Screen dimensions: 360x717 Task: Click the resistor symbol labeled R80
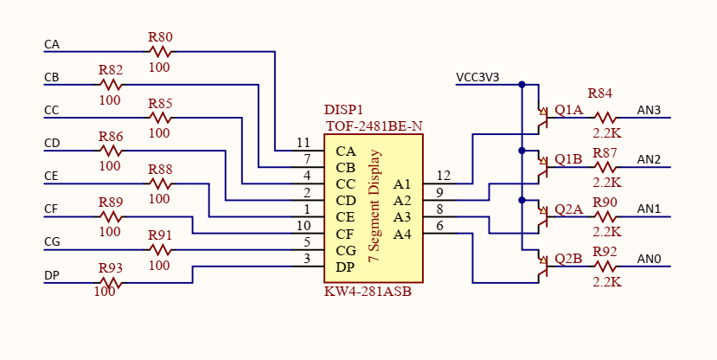click(x=160, y=52)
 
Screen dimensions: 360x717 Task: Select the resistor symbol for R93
click(x=110, y=282)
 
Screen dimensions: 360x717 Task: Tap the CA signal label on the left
click(x=52, y=44)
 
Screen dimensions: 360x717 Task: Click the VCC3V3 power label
click(x=477, y=78)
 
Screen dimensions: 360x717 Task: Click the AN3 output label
click(x=649, y=110)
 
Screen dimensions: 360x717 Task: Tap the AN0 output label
click(x=649, y=259)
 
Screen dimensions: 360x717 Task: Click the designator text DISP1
click(x=343, y=111)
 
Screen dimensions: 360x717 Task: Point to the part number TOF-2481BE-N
click(x=374, y=126)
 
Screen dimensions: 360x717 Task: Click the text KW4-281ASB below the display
click(x=368, y=292)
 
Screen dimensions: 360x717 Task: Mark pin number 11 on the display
click(x=303, y=143)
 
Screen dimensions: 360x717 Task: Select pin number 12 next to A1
click(x=443, y=176)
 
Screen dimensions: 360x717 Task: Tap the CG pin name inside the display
click(x=345, y=251)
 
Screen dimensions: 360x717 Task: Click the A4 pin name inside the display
click(x=402, y=234)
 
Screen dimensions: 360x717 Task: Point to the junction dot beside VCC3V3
click(x=522, y=85)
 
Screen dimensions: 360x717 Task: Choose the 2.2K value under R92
click(x=606, y=282)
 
